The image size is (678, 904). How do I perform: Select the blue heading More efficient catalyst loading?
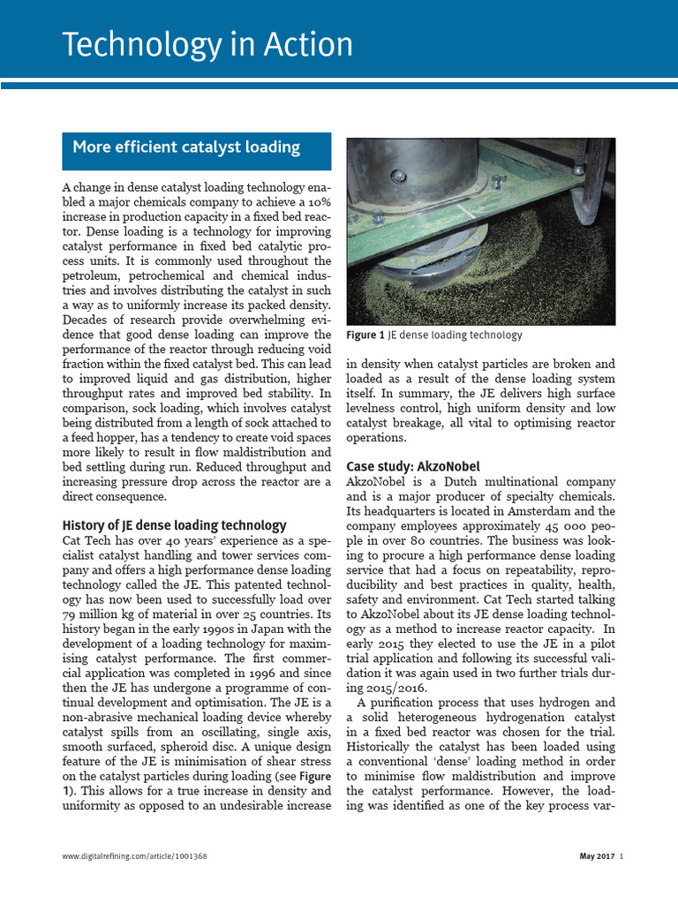pyautogui.click(x=186, y=147)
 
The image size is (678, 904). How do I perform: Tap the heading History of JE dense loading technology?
pyautogui.click(x=175, y=524)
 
